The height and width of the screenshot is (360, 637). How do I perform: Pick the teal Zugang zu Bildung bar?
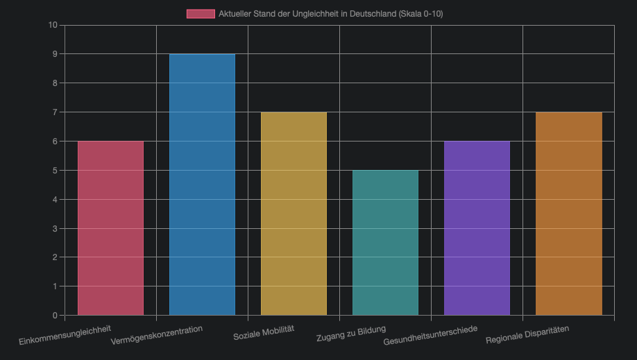click(385, 242)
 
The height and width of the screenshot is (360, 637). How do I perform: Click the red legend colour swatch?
click(201, 14)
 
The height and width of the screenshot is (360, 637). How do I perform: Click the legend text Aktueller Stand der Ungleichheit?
click(330, 14)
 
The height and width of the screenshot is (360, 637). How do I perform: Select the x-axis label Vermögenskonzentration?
click(157, 335)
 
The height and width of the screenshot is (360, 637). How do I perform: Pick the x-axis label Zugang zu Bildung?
click(351, 333)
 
